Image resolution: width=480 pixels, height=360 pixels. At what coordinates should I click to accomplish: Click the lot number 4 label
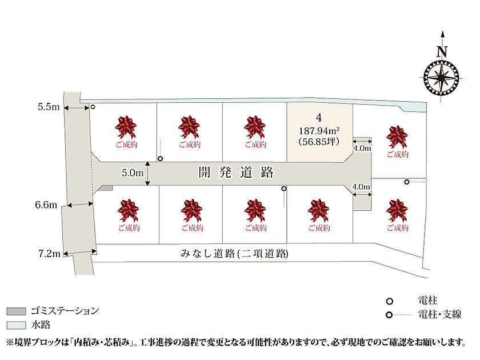(319, 118)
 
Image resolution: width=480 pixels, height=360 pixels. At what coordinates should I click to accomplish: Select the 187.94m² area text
(319, 131)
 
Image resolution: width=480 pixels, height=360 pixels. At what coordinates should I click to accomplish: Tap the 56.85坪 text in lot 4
(319, 142)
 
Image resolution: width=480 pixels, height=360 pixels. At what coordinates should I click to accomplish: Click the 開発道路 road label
(235, 173)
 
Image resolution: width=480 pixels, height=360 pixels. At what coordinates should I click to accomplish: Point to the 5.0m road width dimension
(132, 173)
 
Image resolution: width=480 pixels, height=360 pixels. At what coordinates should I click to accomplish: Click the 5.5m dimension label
(49, 107)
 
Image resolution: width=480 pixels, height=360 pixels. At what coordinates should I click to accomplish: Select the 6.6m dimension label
(46, 205)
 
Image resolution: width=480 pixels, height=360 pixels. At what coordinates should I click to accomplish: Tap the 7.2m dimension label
(49, 254)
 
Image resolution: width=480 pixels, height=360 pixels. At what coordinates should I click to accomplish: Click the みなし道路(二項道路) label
(234, 254)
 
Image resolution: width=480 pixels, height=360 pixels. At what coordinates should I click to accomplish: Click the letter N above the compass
(442, 52)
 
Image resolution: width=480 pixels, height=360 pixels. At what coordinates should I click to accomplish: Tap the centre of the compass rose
(441, 78)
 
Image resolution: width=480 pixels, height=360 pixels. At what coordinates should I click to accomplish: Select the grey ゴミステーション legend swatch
(16, 311)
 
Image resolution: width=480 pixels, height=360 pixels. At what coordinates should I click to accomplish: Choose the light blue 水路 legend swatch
(16, 325)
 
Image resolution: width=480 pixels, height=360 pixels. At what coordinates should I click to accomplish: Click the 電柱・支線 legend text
(439, 314)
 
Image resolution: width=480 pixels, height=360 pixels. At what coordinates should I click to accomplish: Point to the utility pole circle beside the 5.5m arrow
(93, 107)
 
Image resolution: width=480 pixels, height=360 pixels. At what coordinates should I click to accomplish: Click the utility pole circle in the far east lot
(406, 182)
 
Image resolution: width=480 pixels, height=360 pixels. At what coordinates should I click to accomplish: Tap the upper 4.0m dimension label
(362, 149)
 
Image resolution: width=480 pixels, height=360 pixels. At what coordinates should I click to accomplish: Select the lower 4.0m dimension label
(361, 186)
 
